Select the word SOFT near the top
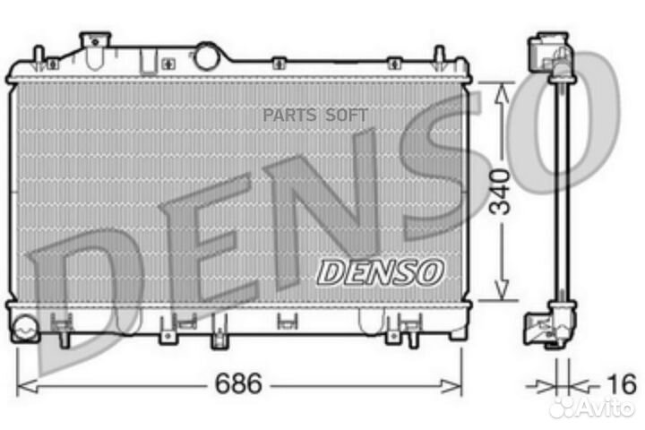[346, 114]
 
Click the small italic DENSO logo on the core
[381, 271]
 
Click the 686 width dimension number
[238, 385]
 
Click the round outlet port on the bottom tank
[24, 328]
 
